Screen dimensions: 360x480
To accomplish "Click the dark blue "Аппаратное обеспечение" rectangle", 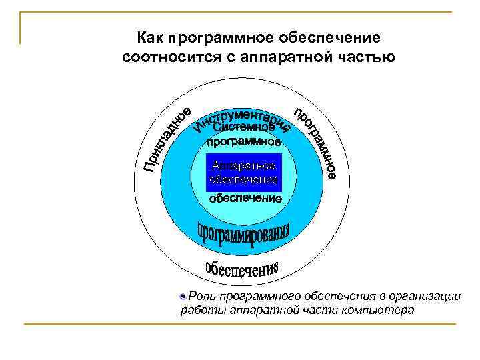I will (244, 172).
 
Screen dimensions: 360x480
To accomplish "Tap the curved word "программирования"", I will (244, 234).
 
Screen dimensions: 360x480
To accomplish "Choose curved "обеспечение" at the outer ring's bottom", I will (242, 268).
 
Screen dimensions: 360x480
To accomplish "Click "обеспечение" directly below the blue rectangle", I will (245, 198).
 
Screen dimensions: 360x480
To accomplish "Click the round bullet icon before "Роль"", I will (183, 295).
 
